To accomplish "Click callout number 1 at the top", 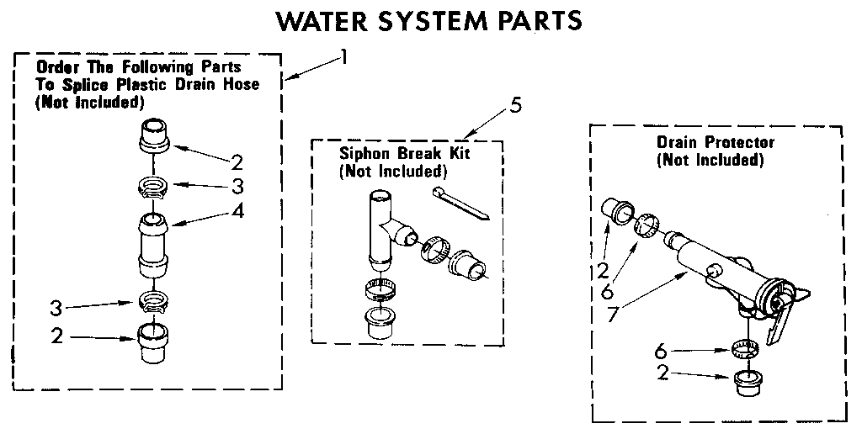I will (x=343, y=57).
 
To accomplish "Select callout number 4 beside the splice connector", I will (x=238, y=211).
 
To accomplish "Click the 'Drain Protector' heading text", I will (x=715, y=142).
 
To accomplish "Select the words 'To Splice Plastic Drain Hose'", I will (x=146, y=84).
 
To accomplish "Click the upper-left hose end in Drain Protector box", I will (x=618, y=209).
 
